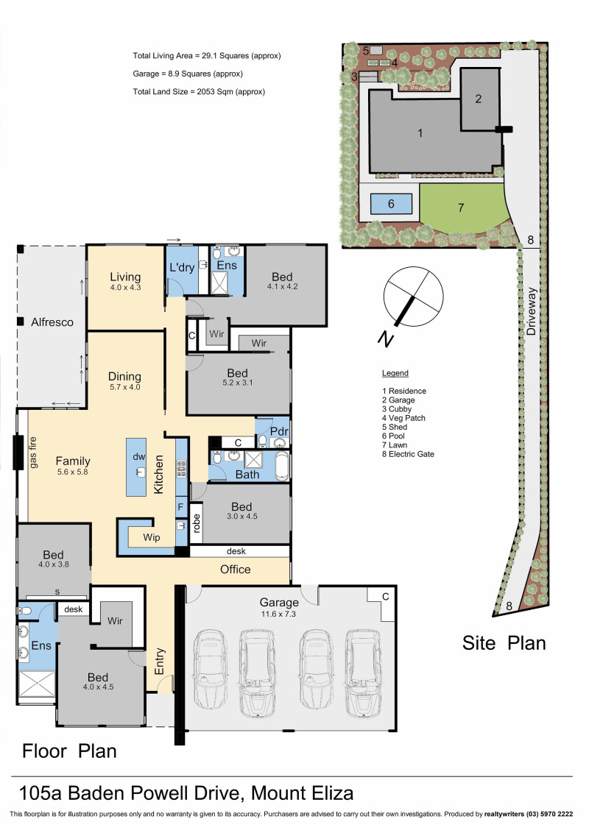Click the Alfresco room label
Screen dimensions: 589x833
point(52,322)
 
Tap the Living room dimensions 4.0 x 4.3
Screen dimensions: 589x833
point(125,288)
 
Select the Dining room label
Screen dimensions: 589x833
point(125,377)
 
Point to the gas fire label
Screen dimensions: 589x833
point(33,453)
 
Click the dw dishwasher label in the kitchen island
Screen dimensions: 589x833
point(138,456)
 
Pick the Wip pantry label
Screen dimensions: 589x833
point(152,537)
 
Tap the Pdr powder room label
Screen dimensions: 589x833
point(279,430)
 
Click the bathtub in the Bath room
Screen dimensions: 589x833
point(282,466)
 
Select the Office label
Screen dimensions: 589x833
point(236,569)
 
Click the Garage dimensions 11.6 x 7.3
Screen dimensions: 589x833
point(278,614)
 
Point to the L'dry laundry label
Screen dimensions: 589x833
point(182,267)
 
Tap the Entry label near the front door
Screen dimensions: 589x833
point(160,662)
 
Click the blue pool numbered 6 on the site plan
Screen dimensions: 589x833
point(391,204)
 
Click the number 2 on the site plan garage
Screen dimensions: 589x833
point(479,99)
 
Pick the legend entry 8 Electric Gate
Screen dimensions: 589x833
point(408,454)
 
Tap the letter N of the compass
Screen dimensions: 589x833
point(386,338)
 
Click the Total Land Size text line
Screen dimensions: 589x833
point(199,91)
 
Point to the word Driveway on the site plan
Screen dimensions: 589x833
point(531,311)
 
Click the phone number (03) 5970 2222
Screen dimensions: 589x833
point(550,814)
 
